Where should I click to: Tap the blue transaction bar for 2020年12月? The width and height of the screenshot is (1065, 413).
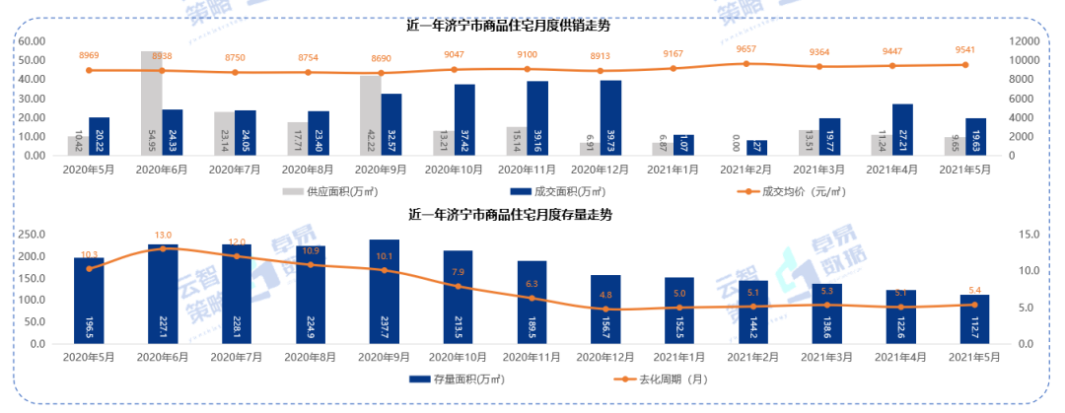[610, 117]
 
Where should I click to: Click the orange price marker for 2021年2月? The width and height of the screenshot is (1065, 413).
[746, 64]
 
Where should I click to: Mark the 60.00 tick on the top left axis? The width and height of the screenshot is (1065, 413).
[33, 41]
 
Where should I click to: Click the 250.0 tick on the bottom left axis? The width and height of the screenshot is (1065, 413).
[35, 234]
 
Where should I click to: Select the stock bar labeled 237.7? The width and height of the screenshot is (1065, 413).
[385, 292]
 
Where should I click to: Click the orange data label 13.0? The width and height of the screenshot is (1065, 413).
[163, 236]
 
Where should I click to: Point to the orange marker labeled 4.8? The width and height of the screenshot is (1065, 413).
[605, 310]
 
